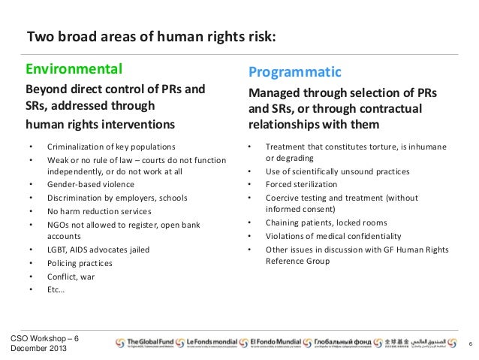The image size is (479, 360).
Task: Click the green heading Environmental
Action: (x=74, y=71)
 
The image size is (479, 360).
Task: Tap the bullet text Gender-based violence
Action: (x=91, y=184)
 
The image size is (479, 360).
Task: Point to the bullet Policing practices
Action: (x=80, y=263)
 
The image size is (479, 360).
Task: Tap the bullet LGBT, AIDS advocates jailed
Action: (x=98, y=250)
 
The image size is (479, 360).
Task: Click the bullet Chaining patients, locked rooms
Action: (x=327, y=223)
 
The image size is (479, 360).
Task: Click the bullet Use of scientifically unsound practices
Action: (x=338, y=171)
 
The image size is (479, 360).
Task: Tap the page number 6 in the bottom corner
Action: (x=469, y=343)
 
